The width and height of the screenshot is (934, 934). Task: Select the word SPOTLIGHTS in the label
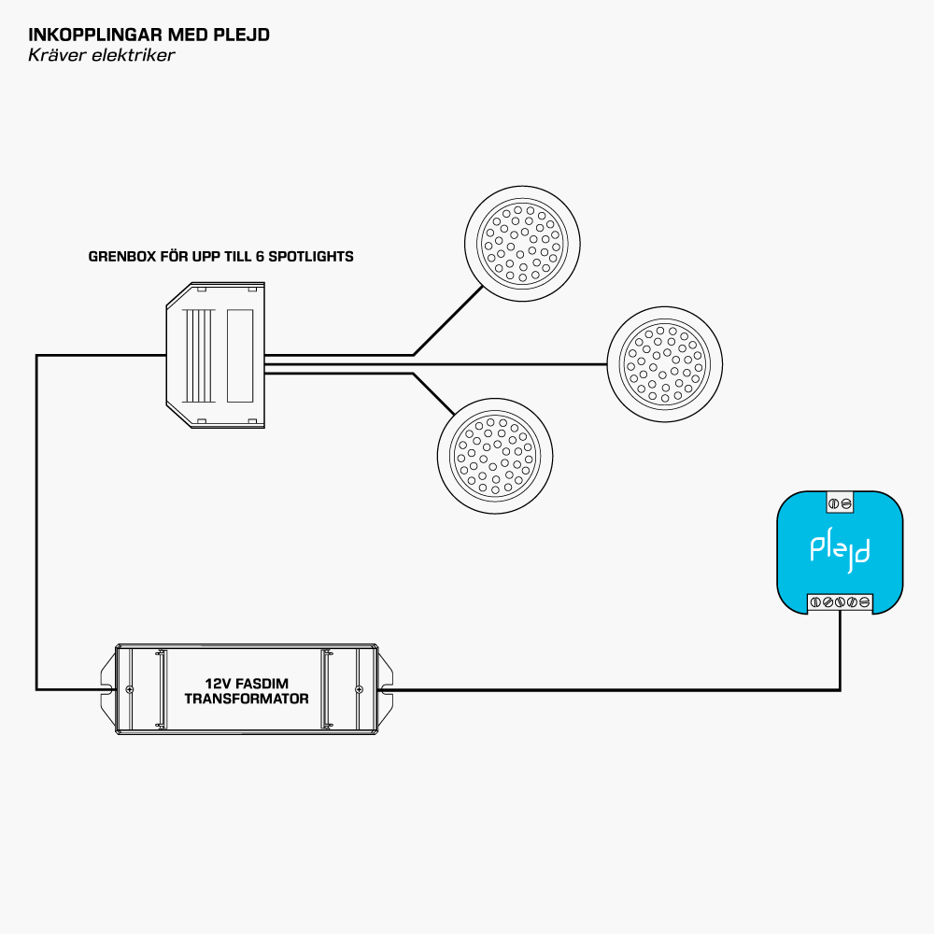(311, 256)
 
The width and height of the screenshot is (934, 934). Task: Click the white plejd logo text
(840, 550)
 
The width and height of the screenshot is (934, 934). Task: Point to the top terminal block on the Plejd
(840, 503)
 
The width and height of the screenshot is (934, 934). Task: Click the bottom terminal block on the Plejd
(840, 602)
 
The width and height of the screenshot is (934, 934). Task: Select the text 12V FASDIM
(247, 684)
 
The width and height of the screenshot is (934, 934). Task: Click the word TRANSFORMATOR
(247, 699)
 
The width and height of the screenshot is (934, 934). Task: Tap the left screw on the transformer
(129, 690)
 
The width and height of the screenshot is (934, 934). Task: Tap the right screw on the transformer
(360, 690)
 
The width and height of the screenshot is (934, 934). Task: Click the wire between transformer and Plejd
(607, 691)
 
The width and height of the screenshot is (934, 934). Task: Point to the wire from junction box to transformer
(36, 523)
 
